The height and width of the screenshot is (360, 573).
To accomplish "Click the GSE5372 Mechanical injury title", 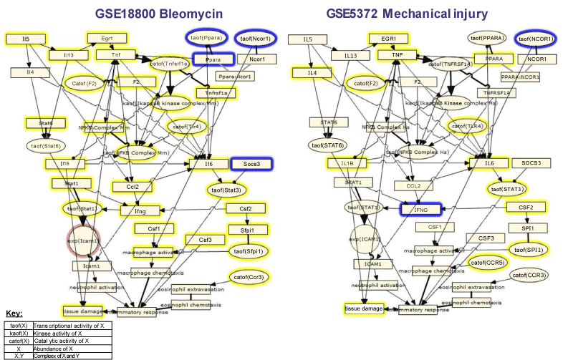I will pyautogui.click(x=427, y=13).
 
